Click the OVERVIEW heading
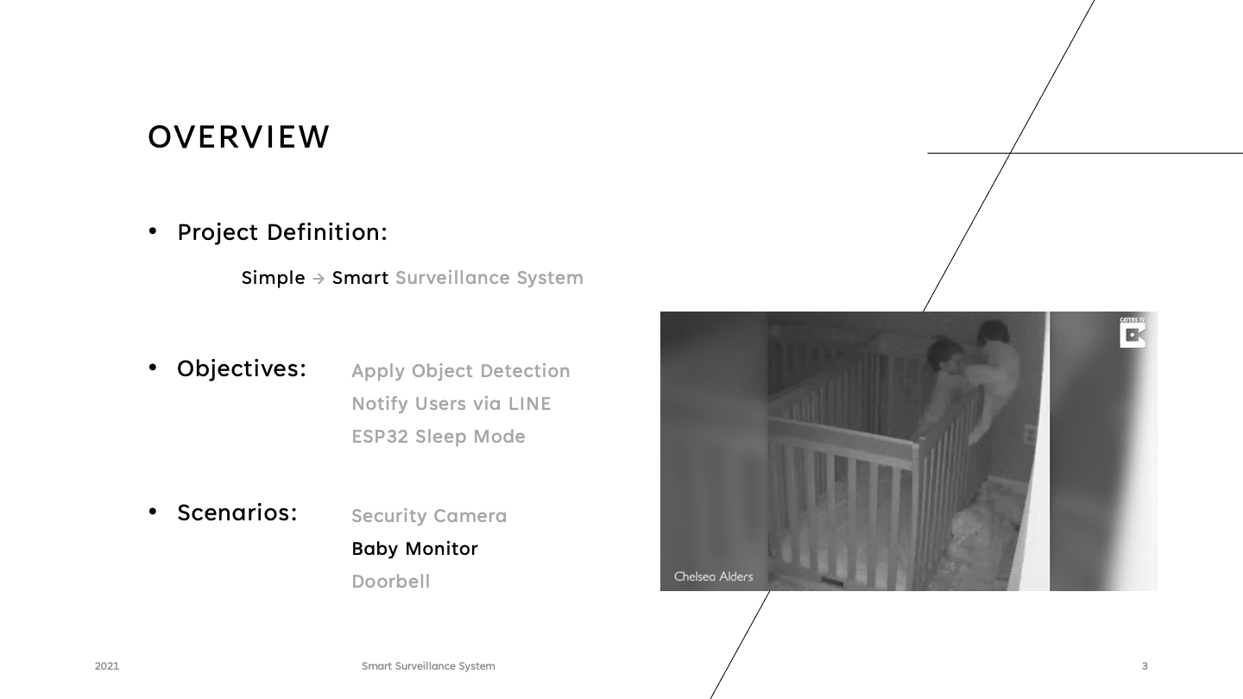tap(239, 137)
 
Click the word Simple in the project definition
tap(273, 278)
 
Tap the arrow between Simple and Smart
tap(319, 279)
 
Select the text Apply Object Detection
tap(460, 371)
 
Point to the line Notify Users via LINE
tap(451, 404)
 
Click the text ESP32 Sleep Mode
tap(438, 437)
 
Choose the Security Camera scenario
tap(429, 516)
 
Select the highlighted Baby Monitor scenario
tap(414, 549)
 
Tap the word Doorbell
tap(390, 582)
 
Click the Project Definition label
tap(282, 232)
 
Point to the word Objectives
tap(242, 368)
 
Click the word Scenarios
tap(237, 513)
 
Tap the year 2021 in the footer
tap(107, 666)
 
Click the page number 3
tap(1145, 666)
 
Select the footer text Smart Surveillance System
tap(428, 666)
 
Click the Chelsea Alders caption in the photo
tap(713, 576)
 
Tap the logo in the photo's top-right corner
tap(1133, 333)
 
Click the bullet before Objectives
tap(153, 368)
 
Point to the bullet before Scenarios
tap(153, 512)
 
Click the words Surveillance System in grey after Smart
tap(489, 278)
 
